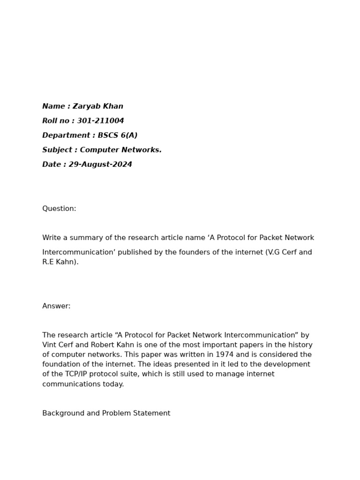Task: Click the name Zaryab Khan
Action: click(97, 106)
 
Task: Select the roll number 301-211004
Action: click(100, 121)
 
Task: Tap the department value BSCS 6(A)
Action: click(117, 135)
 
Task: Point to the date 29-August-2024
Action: click(100, 165)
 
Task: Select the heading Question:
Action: click(59, 209)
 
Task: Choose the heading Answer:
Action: click(56, 306)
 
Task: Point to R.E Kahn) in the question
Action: click(60, 262)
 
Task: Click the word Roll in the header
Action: click(50, 121)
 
